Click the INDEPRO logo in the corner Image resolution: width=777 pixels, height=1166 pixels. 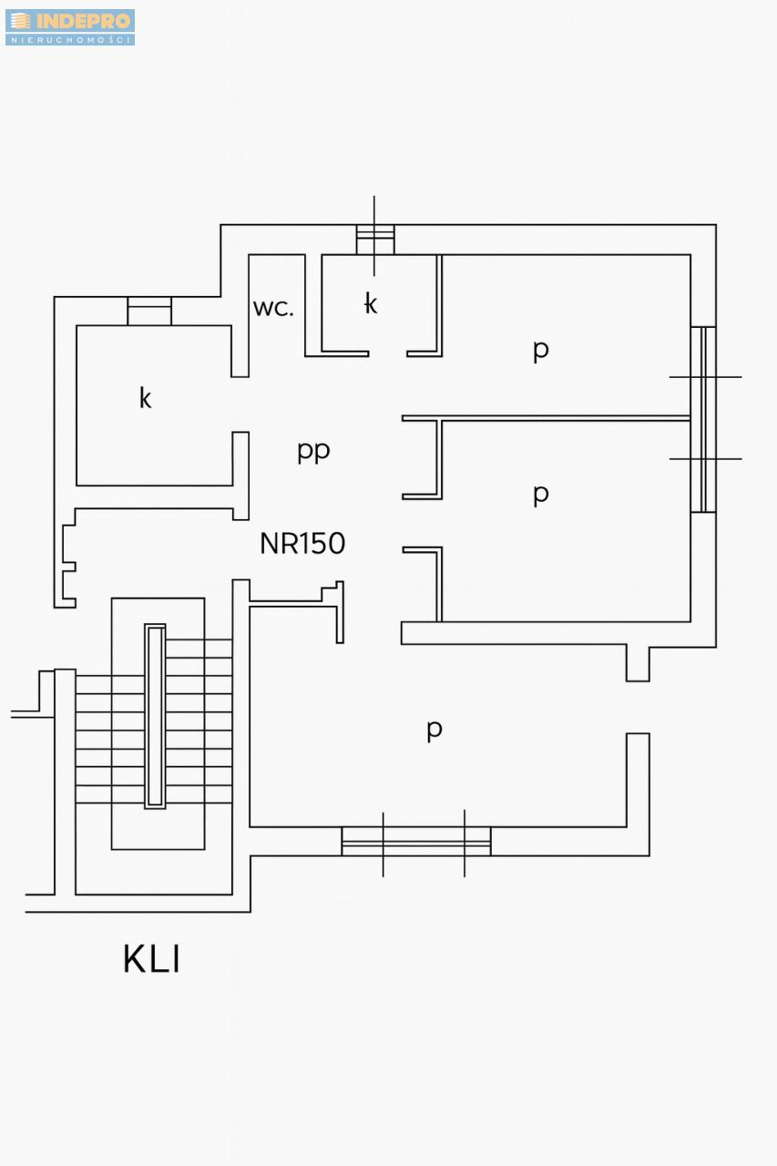tap(70, 26)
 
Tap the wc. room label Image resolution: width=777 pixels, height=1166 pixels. tap(273, 308)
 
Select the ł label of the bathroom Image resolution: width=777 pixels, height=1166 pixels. tap(370, 303)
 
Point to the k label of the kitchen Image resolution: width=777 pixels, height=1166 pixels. tap(145, 398)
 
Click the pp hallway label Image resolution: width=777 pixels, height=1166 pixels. tap(313, 451)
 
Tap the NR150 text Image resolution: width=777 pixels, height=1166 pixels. tap(302, 544)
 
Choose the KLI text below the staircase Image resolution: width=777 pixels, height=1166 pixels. tap(151, 959)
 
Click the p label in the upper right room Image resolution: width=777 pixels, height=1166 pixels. tap(541, 350)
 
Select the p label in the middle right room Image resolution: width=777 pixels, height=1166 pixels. tap(541, 494)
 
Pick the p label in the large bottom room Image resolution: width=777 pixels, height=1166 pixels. tap(435, 729)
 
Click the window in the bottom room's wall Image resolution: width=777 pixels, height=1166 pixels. tap(416, 841)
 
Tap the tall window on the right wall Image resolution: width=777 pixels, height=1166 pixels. tap(703, 419)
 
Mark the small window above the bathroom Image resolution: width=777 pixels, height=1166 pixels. tap(374, 240)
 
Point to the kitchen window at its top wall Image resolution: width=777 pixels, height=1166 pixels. tap(149, 311)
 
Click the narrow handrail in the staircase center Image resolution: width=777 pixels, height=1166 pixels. tap(155, 716)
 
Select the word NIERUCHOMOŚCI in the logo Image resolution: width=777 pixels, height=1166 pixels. tap(70, 39)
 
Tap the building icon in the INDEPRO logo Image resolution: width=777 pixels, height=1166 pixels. tap(20, 21)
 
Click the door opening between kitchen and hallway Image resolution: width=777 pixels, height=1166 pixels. tap(240, 404)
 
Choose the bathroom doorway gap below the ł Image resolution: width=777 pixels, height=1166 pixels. tap(387, 353)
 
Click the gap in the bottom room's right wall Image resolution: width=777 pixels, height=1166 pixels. tap(638, 707)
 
